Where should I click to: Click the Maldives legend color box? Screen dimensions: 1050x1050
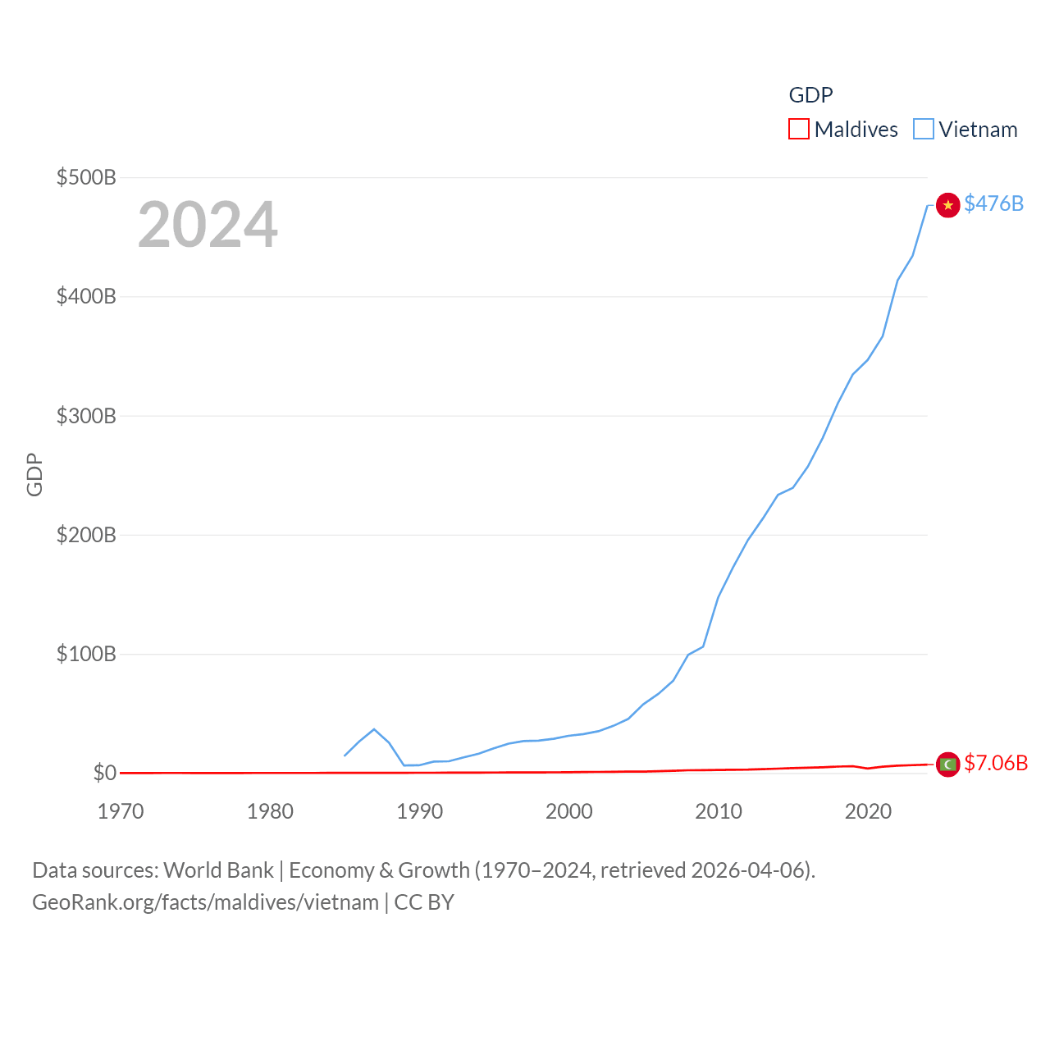coord(798,130)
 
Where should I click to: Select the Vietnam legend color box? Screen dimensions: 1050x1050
coord(924,130)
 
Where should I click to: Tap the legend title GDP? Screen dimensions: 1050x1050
coord(810,95)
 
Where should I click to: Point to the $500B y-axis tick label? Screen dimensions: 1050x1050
coord(86,177)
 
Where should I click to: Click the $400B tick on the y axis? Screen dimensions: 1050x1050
coord(86,296)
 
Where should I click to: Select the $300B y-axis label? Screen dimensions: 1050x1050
coord(86,416)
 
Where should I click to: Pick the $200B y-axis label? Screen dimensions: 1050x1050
coord(86,535)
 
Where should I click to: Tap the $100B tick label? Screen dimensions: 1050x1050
coord(86,654)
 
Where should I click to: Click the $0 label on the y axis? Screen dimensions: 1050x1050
coord(105,773)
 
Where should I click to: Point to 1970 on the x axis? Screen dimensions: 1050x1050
coord(121,811)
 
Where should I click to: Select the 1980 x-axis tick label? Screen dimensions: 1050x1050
coord(270,811)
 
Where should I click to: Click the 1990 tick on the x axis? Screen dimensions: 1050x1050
coord(419,811)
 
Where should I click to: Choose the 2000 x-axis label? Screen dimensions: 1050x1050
coord(569,811)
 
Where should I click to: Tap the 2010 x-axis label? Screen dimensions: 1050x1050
coord(719,811)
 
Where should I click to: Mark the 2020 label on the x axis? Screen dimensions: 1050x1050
coord(868,811)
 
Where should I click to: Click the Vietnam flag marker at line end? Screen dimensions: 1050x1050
coord(947,205)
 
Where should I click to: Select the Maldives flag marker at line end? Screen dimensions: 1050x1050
coord(947,765)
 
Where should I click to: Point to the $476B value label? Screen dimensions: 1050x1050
coord(993,203)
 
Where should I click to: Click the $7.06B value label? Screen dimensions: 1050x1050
coord(996,763)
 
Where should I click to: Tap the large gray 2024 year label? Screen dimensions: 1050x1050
coord(208,225)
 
